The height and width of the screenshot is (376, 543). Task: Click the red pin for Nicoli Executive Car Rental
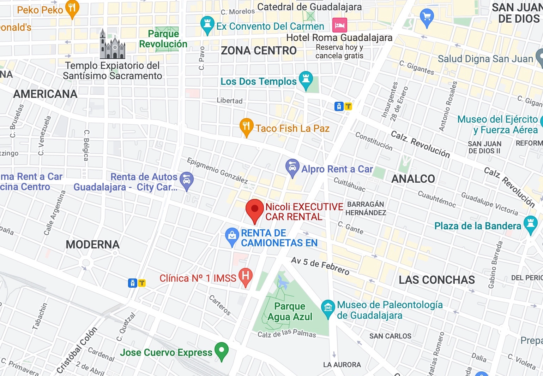[x=254, y=209]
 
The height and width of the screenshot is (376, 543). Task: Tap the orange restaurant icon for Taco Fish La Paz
[x=246, y=126]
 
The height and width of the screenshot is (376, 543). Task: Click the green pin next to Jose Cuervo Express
[x=222, y=351]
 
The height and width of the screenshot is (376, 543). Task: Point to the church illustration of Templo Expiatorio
[x=112, y=45]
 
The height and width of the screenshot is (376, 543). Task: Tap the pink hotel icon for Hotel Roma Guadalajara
[x=339, y=25]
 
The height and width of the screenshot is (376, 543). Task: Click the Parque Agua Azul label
[x=290, y=311]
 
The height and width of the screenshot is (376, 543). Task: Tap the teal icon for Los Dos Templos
[x=306, y=80]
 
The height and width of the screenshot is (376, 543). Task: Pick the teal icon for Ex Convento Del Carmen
[x=207, y=24]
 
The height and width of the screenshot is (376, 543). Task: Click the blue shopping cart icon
[x=427, y=17]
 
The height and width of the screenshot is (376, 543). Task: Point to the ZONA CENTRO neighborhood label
[x=259, y=51]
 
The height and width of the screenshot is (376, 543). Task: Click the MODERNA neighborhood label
[x=93, y=245]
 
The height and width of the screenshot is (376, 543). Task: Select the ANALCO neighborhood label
[x=413, y=179]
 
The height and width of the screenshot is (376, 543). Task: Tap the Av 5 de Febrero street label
[x=320, y=266]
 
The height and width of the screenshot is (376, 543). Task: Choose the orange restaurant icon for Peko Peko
[x=72, y=8]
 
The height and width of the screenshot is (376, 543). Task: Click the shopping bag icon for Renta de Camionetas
[x=232, y=236]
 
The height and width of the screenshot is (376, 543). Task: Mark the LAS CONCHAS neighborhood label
[x=437, y=280]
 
